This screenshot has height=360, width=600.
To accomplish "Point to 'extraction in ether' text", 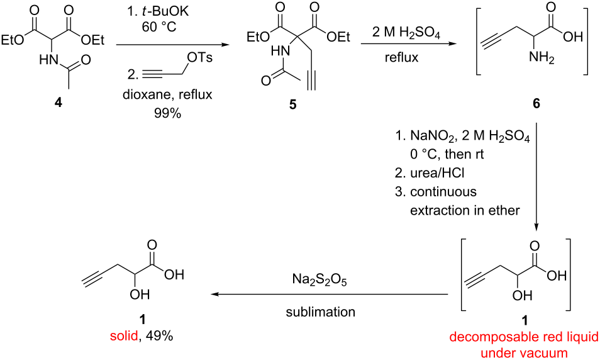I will [x=464, y=210].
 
